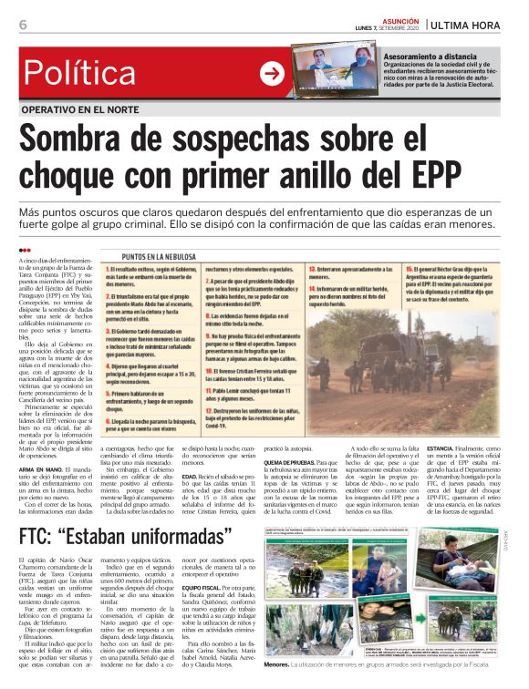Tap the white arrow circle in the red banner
coord(272,74)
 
